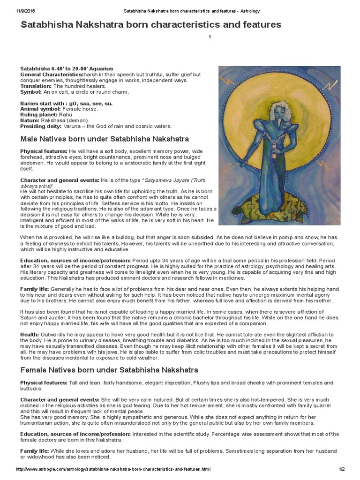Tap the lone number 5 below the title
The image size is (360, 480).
[x=210, y=37]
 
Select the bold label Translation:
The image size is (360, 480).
[x=36, y=86]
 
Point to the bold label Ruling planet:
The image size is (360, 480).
[x=39, y=114]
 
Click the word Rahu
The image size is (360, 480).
[x=66, y=114]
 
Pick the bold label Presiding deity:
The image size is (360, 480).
[x=41, y=126]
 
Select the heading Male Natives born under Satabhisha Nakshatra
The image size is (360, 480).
[x=105, y=139]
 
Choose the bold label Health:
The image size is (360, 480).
[x=30, y=334]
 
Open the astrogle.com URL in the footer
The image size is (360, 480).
[x=113, y=469]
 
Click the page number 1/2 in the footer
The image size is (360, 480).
[x=341, y=469]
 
